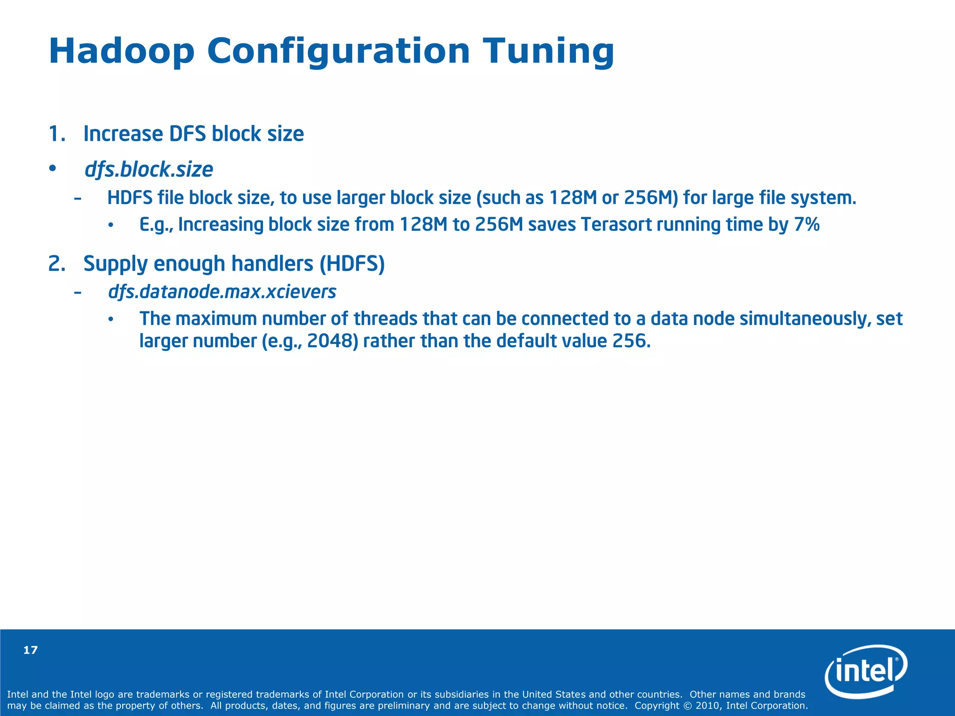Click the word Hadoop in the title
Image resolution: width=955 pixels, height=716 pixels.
pos(121,51)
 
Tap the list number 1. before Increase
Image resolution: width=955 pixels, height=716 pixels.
pos(56,134)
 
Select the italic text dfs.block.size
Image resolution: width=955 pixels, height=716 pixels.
pos(148,170)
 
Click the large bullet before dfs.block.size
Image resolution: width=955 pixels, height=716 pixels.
pos(53,168)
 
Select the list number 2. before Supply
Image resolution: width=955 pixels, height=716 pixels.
pos(56,264)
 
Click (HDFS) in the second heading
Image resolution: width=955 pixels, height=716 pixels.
pos(352,264)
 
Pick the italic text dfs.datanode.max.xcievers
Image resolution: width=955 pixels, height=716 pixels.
pos(222,292)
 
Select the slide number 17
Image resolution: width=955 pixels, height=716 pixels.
pos(30,650)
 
